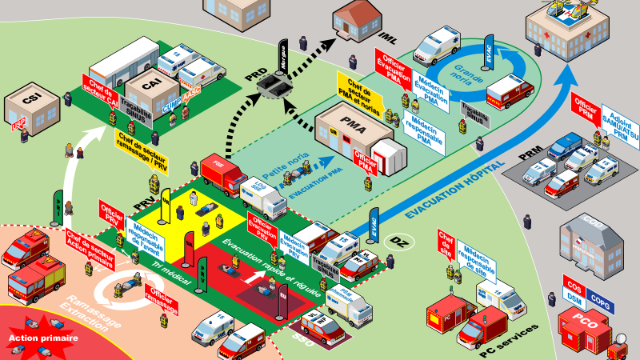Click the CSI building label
(33, 101)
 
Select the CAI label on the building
(150, 81)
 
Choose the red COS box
(572, 285)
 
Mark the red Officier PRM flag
(584, 108)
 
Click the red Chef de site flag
(446, 244)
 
